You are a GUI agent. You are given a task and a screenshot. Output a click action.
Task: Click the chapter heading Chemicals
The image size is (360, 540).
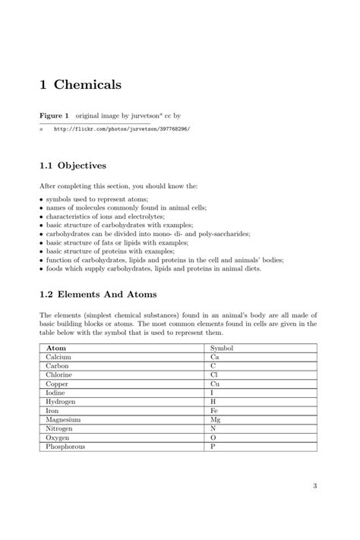click(x=80, y=85)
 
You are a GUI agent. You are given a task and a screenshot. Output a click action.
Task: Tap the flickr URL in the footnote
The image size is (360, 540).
click(x=122, y=129)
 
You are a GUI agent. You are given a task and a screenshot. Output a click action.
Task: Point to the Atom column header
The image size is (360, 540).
click(x=56, y=347)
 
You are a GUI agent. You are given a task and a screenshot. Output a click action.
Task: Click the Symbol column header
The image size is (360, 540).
click(x=222, y=347)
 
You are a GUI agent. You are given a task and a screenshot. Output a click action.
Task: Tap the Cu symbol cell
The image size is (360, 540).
click(x=215, y=384)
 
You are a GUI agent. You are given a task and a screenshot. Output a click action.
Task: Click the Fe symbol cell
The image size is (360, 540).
click(x=214, y=410)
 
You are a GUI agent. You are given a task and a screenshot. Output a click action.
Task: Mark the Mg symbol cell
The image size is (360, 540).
click(x=216, y=419)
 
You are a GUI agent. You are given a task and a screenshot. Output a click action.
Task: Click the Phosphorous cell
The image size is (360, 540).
click(x=65, y=447)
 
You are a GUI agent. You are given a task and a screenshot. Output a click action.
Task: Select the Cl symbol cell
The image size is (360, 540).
click(x=214, y=374)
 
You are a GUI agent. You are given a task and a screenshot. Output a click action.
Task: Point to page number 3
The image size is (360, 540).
click(x=314, y=486)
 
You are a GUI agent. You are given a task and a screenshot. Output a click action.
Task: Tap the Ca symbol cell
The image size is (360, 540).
click(x=215, y=356)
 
